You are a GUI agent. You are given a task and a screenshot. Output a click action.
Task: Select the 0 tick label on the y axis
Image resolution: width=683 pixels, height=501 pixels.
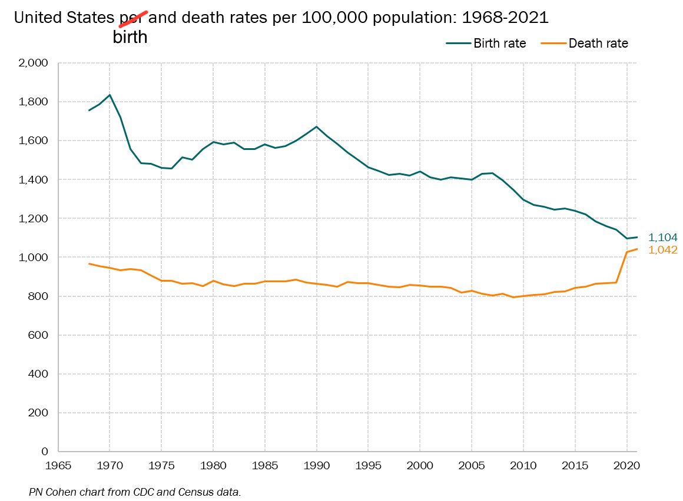pyautogui.click(x=44, y=452)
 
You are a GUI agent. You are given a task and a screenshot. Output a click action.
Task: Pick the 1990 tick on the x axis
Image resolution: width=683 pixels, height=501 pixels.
pyautogui.click(x=317, y=465)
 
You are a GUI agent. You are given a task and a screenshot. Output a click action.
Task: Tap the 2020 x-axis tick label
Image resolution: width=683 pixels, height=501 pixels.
pyautogui.click(x=627, y=465)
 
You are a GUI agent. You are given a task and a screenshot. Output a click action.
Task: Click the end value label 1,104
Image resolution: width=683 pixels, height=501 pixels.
pyautogui.click(x=662, y=238)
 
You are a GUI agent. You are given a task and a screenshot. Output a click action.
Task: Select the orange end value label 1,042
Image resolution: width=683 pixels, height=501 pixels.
pyautogui.click(x=662, y=250)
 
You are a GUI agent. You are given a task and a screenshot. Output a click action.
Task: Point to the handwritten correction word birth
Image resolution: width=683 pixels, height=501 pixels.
pyautogui.click(x=130, y=38)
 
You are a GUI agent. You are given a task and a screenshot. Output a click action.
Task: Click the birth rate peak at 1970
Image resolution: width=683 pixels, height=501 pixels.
pyautogui.click(x=110, y=95)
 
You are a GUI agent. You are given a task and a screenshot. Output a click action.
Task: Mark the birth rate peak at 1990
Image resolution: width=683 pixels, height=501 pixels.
pyautogui.click(x=317, y=126)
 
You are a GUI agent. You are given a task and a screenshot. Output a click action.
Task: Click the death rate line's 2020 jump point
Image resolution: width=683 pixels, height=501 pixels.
pyautogui.click(x=627, y=252)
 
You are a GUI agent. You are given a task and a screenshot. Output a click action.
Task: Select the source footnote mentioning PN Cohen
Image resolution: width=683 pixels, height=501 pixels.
pyautogui.click(x=134, y=492)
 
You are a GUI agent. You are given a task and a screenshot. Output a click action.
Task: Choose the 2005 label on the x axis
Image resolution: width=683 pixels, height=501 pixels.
pyautogui.click(x=472, y=465)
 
